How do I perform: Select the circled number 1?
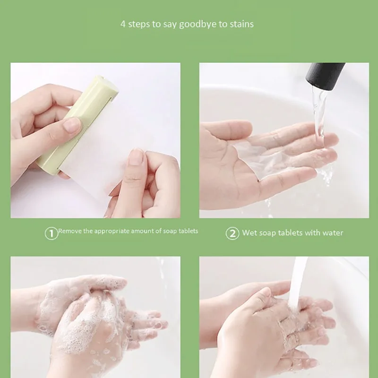51,232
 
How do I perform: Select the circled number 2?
232,232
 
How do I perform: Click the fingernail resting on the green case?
72,125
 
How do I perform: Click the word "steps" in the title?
140,24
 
